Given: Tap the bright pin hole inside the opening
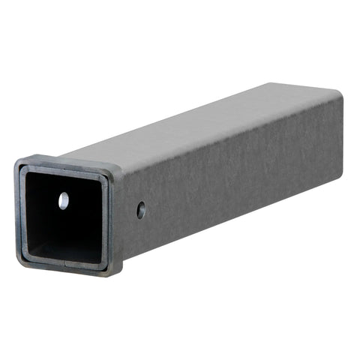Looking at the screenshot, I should (64, 200).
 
